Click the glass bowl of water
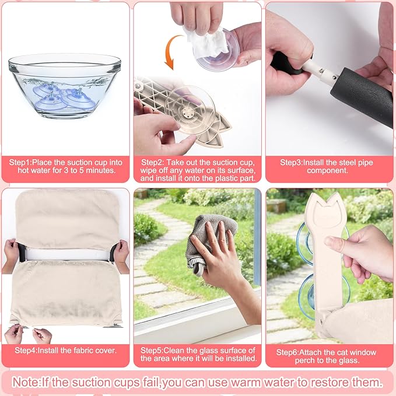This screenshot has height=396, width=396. tap(65, 85)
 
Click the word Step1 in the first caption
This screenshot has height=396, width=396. tap(20, 162)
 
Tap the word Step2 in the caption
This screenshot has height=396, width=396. tap(152, 162)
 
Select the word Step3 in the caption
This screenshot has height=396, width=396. tap(291, 162)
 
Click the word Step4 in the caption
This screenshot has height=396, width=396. tap(26, 351)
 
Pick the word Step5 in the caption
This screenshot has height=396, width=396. tap(152, 351)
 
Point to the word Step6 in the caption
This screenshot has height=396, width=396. tap(288, 352)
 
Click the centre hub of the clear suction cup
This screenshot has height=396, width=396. tap(188, 111)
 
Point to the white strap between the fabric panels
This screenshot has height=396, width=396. tap(68, 254)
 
